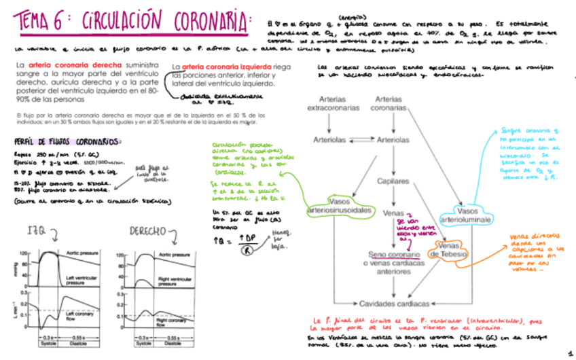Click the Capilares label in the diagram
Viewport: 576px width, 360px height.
click(x=394, y=181)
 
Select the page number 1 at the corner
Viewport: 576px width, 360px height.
click(x=569, y=346)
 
